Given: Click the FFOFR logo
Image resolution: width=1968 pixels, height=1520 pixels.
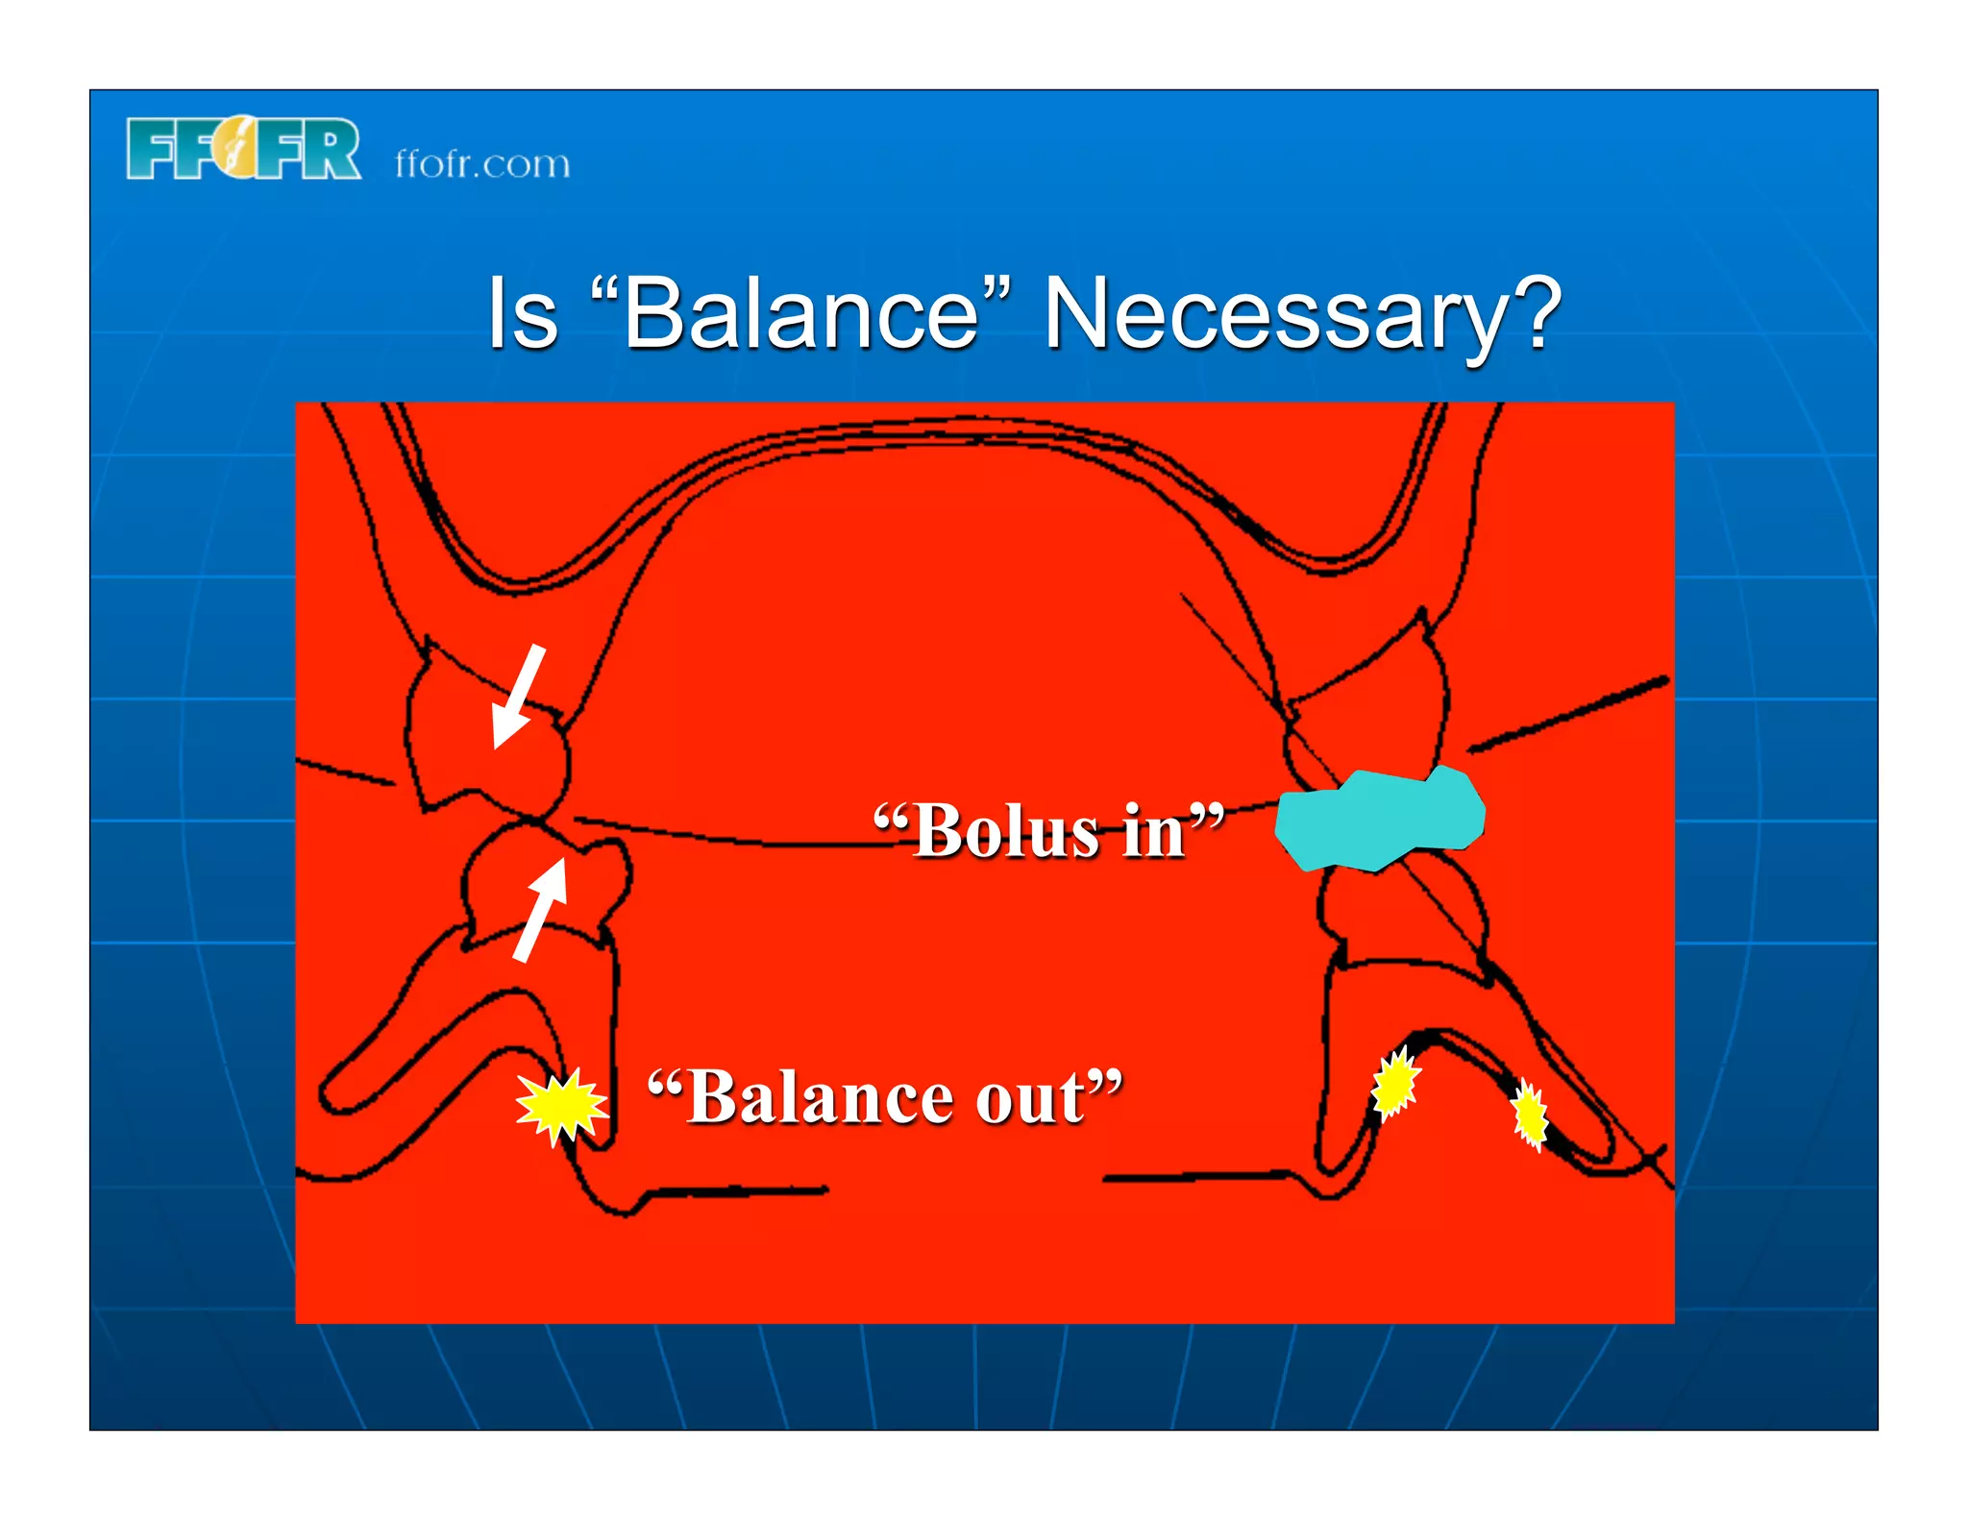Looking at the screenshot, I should (x=243, y=149).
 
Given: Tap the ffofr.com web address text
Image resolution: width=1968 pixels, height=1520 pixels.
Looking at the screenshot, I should (x=482, y=164).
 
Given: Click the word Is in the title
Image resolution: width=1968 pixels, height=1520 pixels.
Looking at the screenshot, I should (x=522, y=313).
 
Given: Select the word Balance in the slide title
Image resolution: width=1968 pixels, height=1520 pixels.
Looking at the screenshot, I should (x=801, y=313).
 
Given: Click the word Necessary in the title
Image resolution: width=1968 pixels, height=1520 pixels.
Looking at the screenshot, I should (x=1273, y=315).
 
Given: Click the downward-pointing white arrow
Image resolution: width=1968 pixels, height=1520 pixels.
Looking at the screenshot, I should (x=518, y=698).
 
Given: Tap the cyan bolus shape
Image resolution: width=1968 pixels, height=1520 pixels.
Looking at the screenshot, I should (x=1379, y=820).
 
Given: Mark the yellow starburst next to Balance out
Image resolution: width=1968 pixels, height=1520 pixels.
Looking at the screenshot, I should (x=561, y=1106).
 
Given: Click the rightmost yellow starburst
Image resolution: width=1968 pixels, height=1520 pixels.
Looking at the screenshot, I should (x=1529, y=1115).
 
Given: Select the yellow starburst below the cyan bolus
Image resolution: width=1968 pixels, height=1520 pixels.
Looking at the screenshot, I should (x=1395, y=1083).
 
